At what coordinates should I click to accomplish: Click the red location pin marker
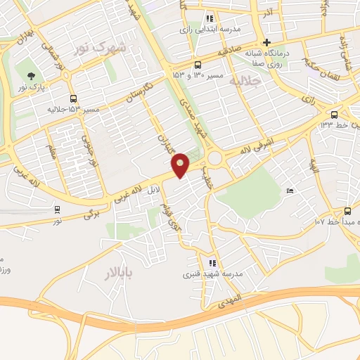point(181,165)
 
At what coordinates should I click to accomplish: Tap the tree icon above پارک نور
point(30,75)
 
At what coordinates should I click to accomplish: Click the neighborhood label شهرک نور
point(101,49)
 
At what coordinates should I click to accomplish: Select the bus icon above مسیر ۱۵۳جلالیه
point(73,99)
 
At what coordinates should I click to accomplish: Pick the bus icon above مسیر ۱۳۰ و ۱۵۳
point(198,65)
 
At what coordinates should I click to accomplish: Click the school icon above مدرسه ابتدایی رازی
point(209,19)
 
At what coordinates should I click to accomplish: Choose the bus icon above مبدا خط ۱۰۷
point(347,211)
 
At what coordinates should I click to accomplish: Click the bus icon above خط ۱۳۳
point(334,114)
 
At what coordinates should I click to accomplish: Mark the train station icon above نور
point(57,209)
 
